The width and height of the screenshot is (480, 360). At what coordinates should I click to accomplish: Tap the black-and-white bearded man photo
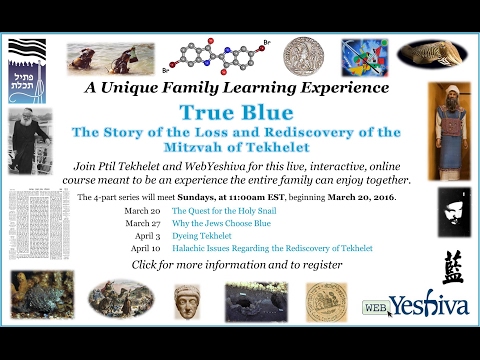(x=29, y=140)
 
